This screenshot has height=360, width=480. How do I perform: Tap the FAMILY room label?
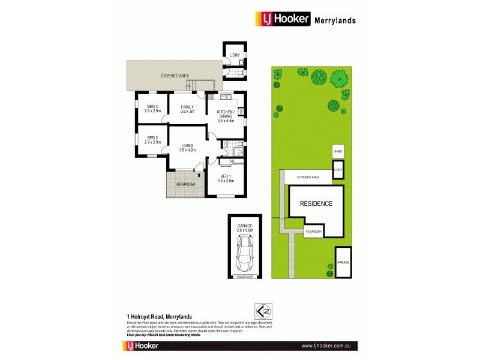tap(188, 109)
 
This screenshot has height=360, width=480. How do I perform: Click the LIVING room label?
tap(188, 147)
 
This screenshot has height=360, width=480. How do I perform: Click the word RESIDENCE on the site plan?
tap(316, 204)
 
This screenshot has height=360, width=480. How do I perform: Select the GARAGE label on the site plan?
tap(343, 263)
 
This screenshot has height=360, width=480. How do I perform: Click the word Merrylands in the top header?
tap(335, 20)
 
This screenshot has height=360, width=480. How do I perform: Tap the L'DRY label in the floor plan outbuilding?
tap(235, 56)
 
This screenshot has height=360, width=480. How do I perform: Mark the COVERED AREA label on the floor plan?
tap(175, 76)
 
